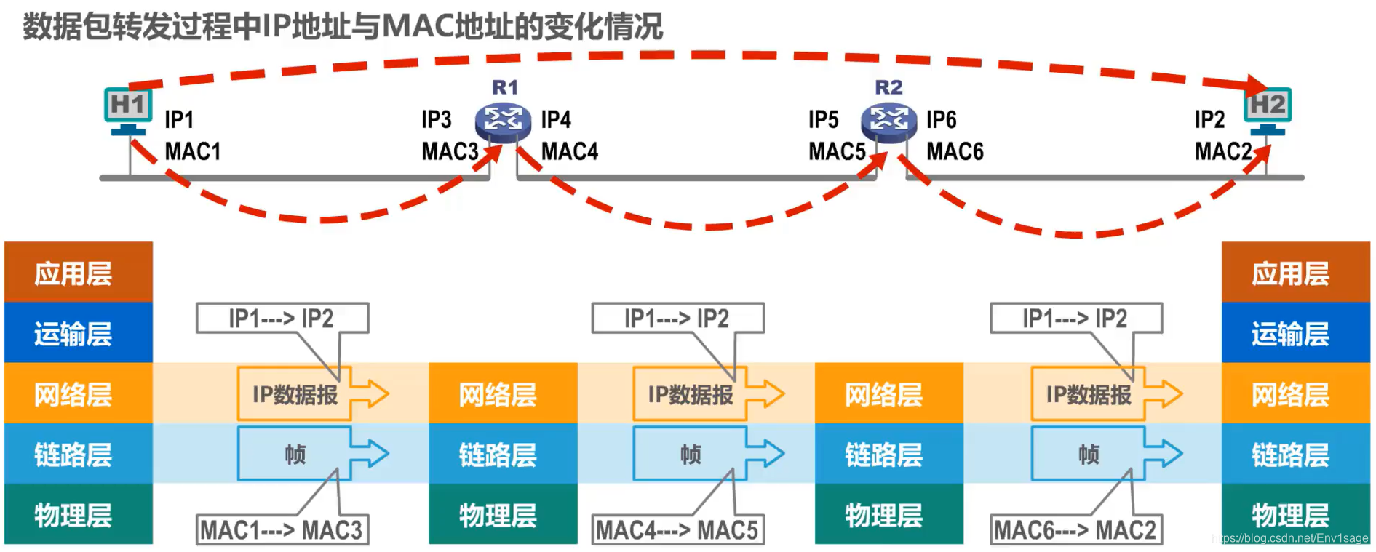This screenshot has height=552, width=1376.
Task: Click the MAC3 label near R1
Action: (450, 151)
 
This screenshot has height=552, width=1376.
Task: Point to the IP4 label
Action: (556, 119)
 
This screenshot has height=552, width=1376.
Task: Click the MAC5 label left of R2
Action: (837, 151)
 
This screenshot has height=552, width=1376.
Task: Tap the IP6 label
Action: (941, 119)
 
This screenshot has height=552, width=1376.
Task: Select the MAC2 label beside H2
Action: (1223, 151)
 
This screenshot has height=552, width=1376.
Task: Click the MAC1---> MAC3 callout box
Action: (282, 530)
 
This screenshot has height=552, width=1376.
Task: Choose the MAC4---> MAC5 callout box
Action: (677, 530)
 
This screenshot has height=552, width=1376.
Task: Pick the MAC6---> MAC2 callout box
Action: (1075, 530)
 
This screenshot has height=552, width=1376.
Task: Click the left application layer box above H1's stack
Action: (79, 273)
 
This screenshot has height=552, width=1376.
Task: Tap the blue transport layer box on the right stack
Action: (1295, 333)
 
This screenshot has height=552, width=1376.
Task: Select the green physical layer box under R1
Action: (503, 515)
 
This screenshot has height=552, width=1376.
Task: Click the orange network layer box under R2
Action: (888, 393)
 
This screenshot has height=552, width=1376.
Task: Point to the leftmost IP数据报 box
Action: (295, 394)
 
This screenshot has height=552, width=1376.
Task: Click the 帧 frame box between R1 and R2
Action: (690, 455)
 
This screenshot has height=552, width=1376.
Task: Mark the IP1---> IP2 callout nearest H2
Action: (1075, 319)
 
